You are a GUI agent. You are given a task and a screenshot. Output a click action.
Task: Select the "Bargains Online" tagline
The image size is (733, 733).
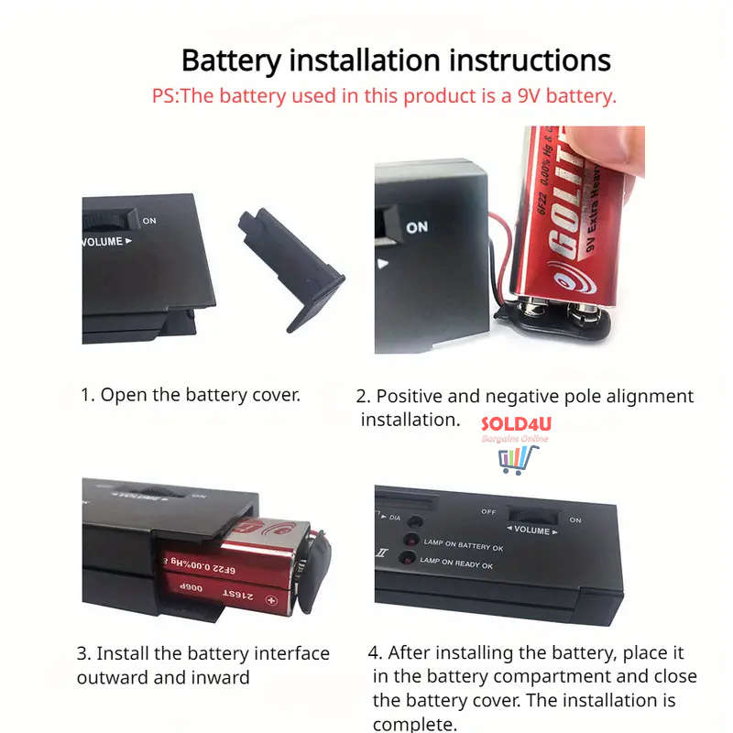click(515, 439)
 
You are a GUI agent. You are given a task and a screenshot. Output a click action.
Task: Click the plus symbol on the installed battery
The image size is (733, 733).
click(270, 600)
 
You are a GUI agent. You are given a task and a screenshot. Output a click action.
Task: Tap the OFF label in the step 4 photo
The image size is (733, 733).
click(489, 511)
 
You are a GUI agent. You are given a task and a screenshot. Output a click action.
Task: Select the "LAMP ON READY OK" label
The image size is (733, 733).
click(457, 565)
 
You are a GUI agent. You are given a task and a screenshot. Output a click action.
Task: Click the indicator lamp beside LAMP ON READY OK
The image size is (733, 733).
click(411, 561)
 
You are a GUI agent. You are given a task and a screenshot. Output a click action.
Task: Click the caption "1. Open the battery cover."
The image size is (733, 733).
click(191, 395)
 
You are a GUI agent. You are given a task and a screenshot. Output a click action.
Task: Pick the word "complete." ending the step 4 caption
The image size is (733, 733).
click(414, 724)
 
